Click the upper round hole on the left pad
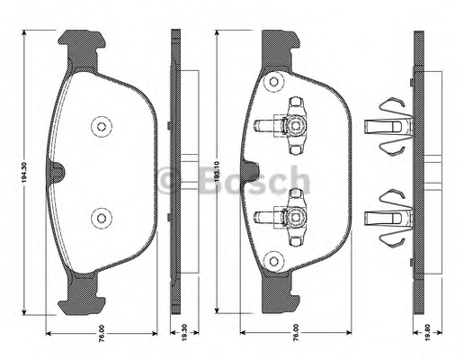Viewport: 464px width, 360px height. click(x=100, y=127)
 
